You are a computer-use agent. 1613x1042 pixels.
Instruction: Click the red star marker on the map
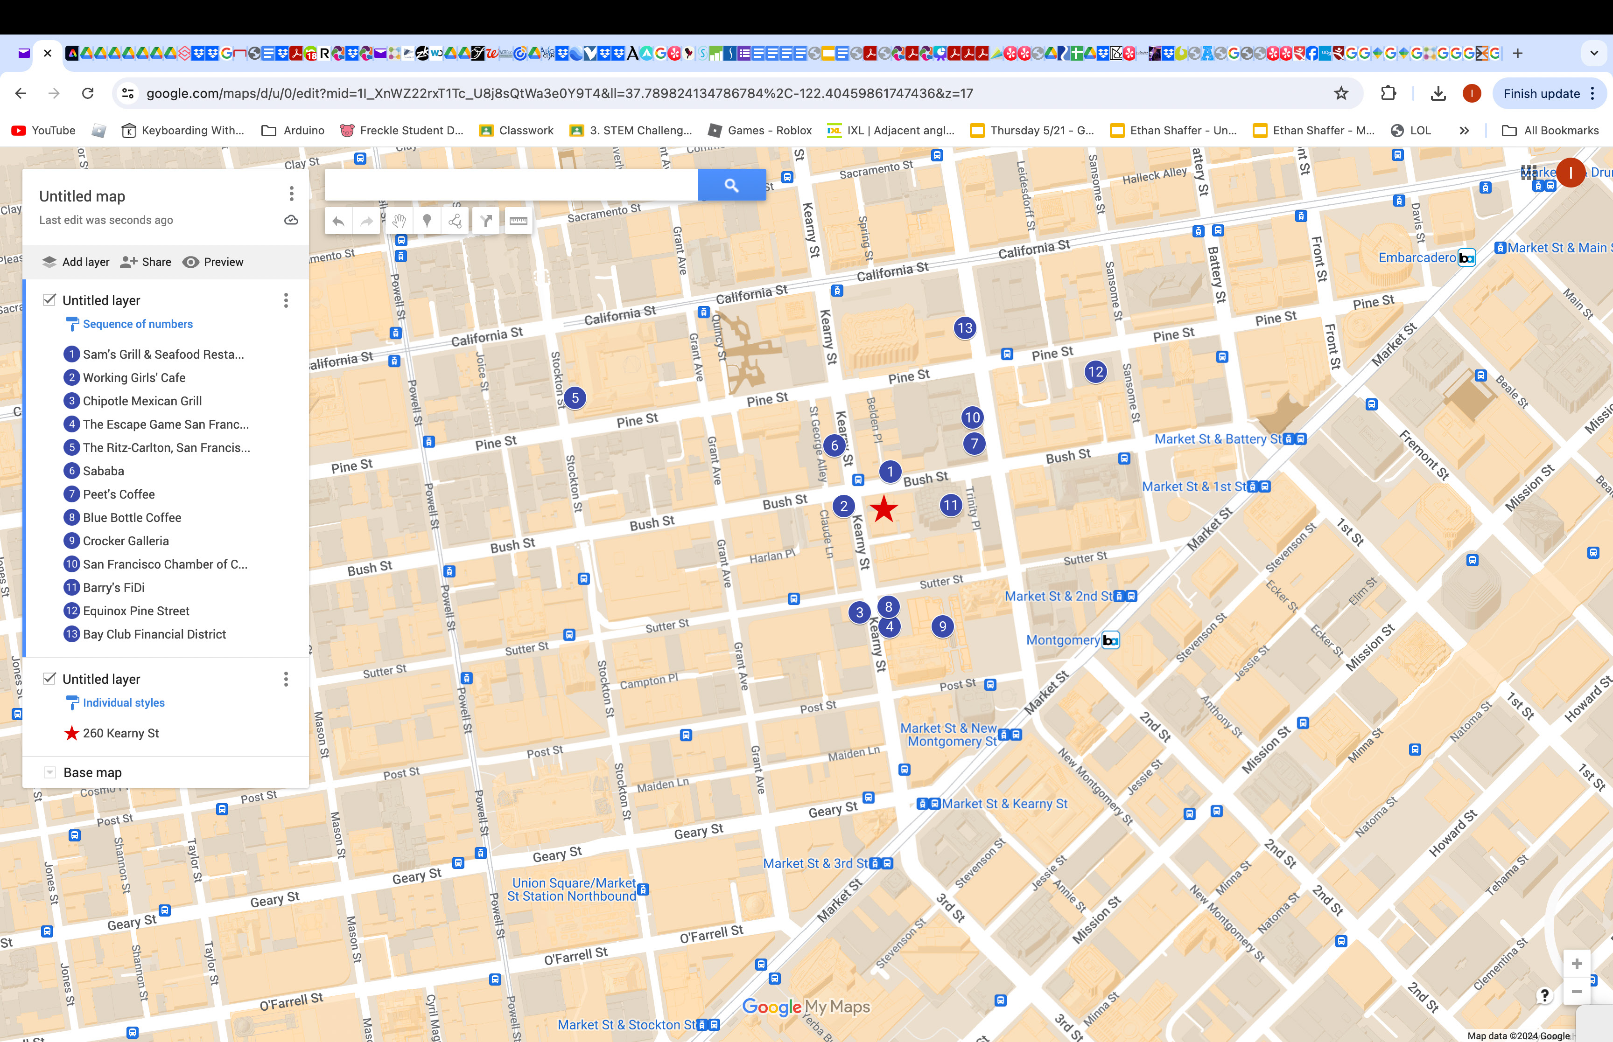[884, 509]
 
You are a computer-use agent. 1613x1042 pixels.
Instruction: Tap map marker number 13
[965, 328]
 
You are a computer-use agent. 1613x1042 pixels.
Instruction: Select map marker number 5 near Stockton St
[575, 398]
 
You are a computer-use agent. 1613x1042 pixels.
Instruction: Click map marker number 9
[942, 626]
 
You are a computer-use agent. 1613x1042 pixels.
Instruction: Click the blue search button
[732, 185]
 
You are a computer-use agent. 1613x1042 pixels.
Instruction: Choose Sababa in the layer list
[104, 471]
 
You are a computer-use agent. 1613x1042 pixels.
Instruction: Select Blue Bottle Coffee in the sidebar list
[132, 518]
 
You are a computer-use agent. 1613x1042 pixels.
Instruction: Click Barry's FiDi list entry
[114, 587]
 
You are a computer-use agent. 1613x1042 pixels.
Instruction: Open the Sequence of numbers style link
[137, 324]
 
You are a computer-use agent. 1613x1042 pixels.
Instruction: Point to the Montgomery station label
[1063, 640]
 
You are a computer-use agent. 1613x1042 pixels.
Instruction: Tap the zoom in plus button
[1577, 964]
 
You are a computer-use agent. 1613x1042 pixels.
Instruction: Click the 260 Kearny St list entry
[120, 734]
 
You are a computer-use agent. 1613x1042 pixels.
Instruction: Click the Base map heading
[93, 773]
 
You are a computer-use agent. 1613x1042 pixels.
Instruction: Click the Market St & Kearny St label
[1004, 804]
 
